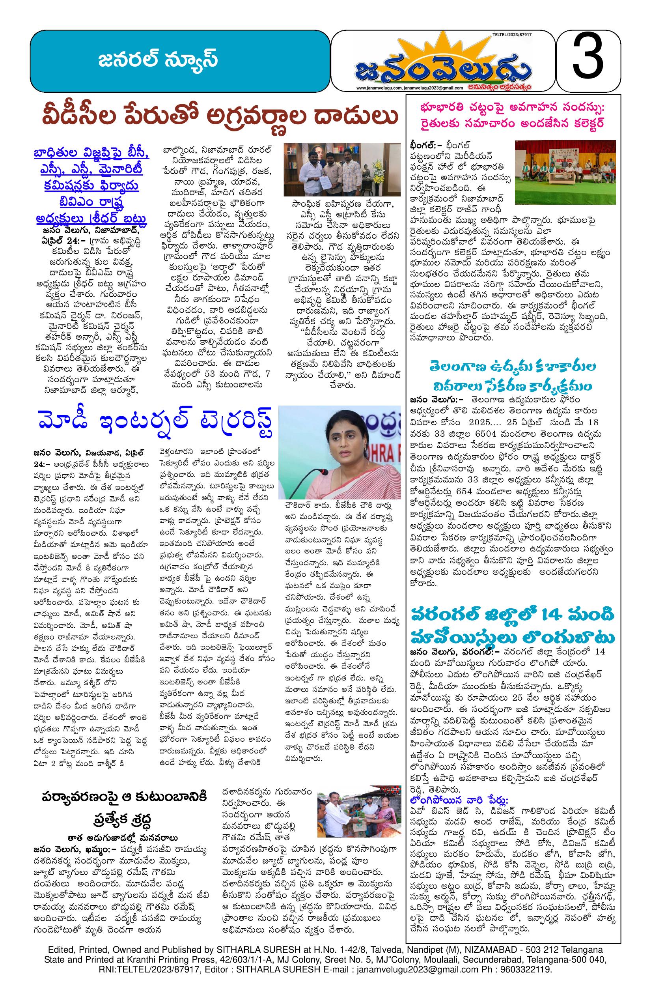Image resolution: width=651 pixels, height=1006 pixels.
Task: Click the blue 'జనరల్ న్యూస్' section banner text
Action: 159,60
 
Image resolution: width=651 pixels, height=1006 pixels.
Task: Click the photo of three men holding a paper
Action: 342,169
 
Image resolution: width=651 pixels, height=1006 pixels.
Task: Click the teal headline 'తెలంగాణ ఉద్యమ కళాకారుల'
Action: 512,366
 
